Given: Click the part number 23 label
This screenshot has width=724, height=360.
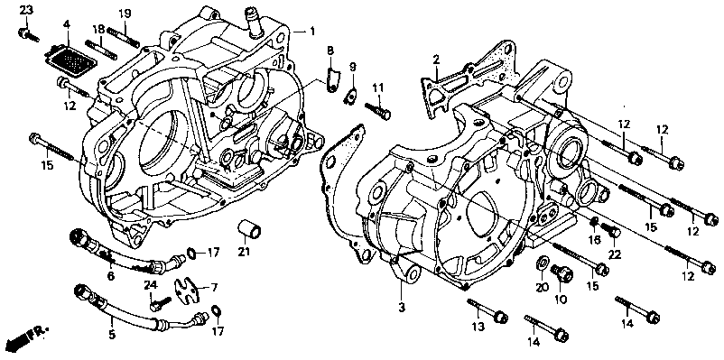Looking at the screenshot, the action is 26,10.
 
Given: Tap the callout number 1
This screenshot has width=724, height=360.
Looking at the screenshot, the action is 312,32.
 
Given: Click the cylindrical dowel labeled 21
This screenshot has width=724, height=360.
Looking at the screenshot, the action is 249,229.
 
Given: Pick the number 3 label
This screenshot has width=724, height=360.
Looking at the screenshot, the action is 402,307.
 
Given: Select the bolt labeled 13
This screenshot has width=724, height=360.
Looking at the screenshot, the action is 487,310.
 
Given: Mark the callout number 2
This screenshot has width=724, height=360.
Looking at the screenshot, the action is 436,59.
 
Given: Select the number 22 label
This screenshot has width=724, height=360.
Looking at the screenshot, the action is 615,254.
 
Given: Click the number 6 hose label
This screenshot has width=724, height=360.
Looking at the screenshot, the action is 111,276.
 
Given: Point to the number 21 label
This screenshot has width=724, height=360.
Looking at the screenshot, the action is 244,252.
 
